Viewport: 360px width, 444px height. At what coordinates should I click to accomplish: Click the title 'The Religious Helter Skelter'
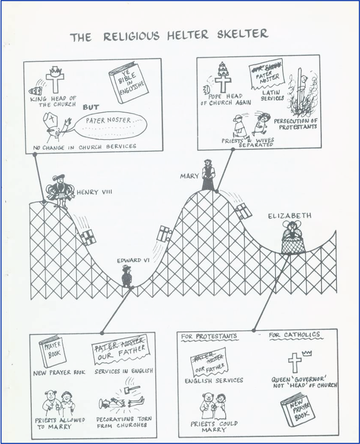(169, 35)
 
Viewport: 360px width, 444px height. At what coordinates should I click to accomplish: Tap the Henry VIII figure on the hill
(61, 192)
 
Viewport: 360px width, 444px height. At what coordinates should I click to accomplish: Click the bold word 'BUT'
(91, 107)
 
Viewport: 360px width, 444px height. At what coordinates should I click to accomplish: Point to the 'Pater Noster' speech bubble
(109, 123)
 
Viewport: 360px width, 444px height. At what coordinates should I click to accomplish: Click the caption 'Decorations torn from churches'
(125, 422)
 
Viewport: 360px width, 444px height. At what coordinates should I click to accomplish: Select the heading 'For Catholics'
(294, 335)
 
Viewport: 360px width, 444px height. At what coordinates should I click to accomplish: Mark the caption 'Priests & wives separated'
(247, 142)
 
